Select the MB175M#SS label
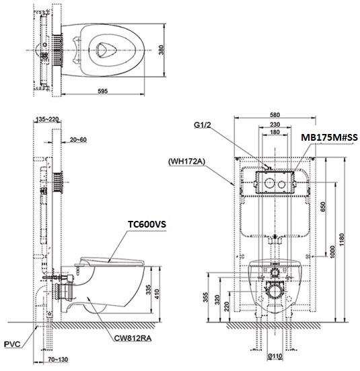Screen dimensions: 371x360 [x=329, y=137]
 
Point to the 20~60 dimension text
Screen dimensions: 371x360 [x=78, y=140]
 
